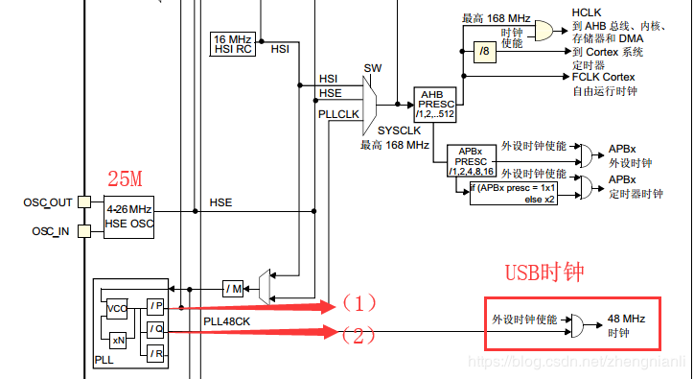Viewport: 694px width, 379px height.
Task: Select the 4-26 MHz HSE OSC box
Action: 128,216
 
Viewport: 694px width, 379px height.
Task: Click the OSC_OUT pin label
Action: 47,202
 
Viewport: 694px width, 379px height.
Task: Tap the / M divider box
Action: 234,289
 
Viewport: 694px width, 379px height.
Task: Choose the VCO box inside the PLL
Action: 117,309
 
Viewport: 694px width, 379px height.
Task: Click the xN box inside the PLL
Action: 119,341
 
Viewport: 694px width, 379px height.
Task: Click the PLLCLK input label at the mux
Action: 339,113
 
